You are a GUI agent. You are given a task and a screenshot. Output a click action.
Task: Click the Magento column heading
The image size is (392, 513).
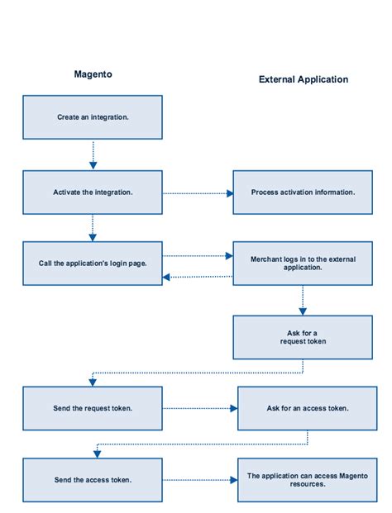click(93, 74)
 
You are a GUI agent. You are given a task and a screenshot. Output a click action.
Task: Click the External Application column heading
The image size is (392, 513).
click(304, 80)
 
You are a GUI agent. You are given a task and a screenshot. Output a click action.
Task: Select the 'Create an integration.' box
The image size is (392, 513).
click(93, 117)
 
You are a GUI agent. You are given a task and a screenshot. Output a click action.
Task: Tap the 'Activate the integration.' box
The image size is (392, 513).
click(93, 192)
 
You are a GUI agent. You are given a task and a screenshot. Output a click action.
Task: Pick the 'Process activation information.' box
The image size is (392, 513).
click(303, 192)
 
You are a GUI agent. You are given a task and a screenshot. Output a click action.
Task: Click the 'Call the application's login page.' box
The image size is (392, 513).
click(93, 264)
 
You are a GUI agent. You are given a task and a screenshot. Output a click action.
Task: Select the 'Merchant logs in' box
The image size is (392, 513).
click(303, 263)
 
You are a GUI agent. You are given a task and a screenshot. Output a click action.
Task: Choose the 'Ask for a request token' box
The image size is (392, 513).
click(303, 337)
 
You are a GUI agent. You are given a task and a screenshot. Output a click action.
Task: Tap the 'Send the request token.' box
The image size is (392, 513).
click(93, 408)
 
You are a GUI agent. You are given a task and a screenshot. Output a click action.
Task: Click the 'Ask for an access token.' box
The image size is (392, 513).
click(307, 408)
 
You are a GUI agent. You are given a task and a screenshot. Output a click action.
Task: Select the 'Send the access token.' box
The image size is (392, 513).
click(93, 480)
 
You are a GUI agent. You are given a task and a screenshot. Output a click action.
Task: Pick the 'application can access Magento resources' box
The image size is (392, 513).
click(307, 480)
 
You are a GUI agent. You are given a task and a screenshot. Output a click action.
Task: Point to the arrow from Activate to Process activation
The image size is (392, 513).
click(198, 193)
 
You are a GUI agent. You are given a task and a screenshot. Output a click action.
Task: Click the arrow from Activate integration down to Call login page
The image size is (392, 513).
click(93, 228)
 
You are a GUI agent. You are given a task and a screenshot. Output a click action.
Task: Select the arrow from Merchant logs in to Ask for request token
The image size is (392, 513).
click(303, 300)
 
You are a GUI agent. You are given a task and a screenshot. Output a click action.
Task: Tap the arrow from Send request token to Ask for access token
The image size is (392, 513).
click(199, 408)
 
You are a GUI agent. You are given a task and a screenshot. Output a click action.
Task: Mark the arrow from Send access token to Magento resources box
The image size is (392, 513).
click(199, 480)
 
